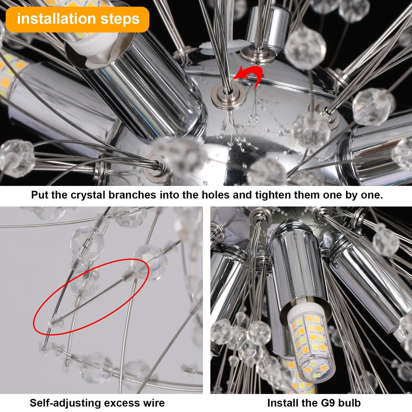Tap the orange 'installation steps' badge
[x=77, y=19]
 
